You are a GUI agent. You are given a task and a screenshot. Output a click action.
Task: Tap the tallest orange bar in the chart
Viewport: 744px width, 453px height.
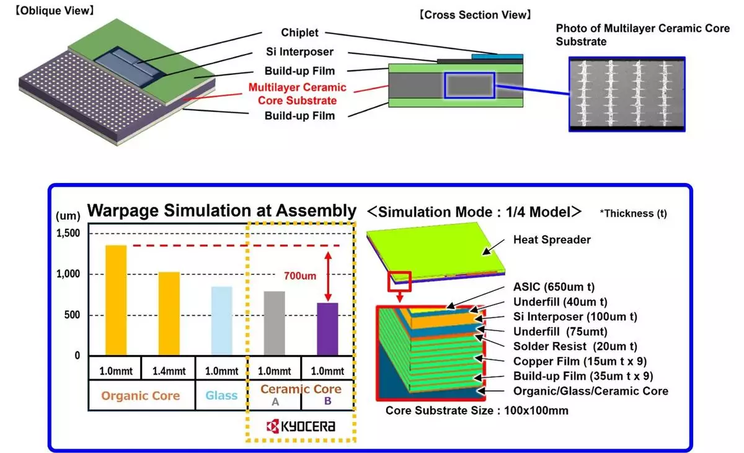pos(116,300)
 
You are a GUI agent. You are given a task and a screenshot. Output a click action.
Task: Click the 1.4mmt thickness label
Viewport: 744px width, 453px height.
pos(168,371)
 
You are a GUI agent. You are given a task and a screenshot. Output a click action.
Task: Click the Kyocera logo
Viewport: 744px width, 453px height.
pos(301,426)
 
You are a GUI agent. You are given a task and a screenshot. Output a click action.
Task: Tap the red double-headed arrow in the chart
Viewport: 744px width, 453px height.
pos(327,274)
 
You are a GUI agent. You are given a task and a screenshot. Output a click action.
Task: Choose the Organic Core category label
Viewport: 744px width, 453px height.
pos(141,396)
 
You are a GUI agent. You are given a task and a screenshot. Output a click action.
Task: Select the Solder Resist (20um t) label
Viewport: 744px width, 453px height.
pos(575,346)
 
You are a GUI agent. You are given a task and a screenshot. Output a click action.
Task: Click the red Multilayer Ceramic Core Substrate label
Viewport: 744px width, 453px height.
pos(298,94)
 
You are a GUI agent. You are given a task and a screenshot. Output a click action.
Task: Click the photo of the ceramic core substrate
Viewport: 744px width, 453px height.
pos(626,94)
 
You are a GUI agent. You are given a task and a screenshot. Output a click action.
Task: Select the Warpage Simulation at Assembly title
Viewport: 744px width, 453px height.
pos(222,211)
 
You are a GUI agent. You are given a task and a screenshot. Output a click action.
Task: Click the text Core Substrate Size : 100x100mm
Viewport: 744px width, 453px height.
pos(477,411)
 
